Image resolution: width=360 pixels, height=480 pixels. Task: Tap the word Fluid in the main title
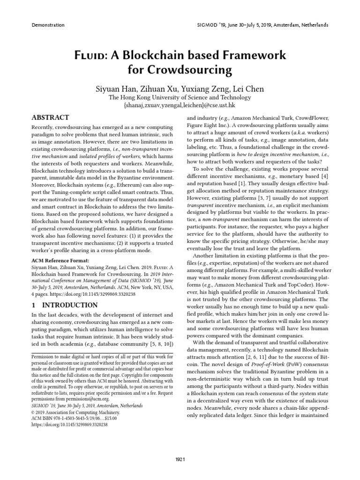pyautogui.click(x=91, y=55)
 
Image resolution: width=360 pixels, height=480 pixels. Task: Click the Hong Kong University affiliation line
pyautogui.click(x=180, y=97)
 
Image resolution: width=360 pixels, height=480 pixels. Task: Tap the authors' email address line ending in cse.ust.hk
pyautogui.click(x=180, y=105)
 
